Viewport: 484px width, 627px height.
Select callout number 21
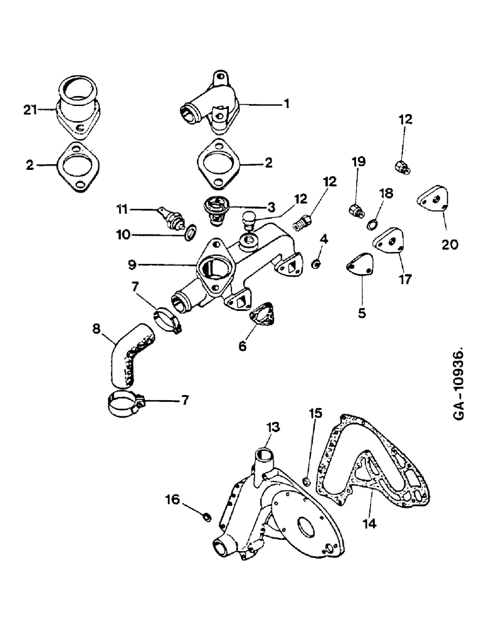[x=28, y=110]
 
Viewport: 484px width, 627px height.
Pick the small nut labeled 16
[x=204, y=517]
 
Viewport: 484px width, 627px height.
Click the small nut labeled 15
[x=307, y=482]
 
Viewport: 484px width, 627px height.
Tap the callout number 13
[x=273, y=428]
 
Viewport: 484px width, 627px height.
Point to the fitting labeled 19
[x=355, y=210]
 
